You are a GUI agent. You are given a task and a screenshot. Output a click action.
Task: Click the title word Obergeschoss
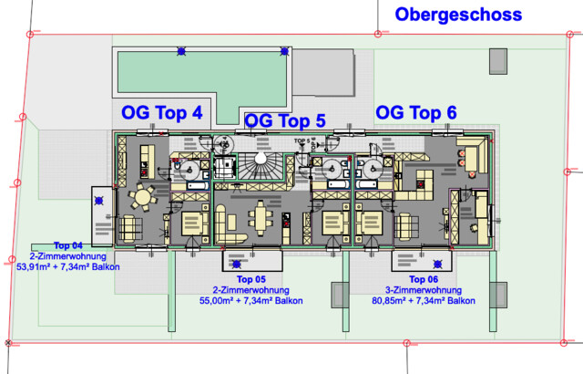coord(458,15)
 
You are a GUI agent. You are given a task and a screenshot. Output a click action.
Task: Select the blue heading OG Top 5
coord(285,120)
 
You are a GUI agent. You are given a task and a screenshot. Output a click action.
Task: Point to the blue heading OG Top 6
coord(416,112)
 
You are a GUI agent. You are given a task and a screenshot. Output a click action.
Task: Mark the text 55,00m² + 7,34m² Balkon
coord(251,300)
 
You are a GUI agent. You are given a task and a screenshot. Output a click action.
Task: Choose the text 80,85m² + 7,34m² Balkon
coord(424,300)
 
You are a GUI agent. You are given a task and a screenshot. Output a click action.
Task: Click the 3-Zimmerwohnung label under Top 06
coord(424,289)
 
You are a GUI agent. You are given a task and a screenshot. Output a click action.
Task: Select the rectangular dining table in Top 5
coord(259,219)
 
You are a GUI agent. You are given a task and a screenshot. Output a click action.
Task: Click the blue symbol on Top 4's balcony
coord(99,202)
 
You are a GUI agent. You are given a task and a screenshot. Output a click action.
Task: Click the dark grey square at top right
coord(498,61)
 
